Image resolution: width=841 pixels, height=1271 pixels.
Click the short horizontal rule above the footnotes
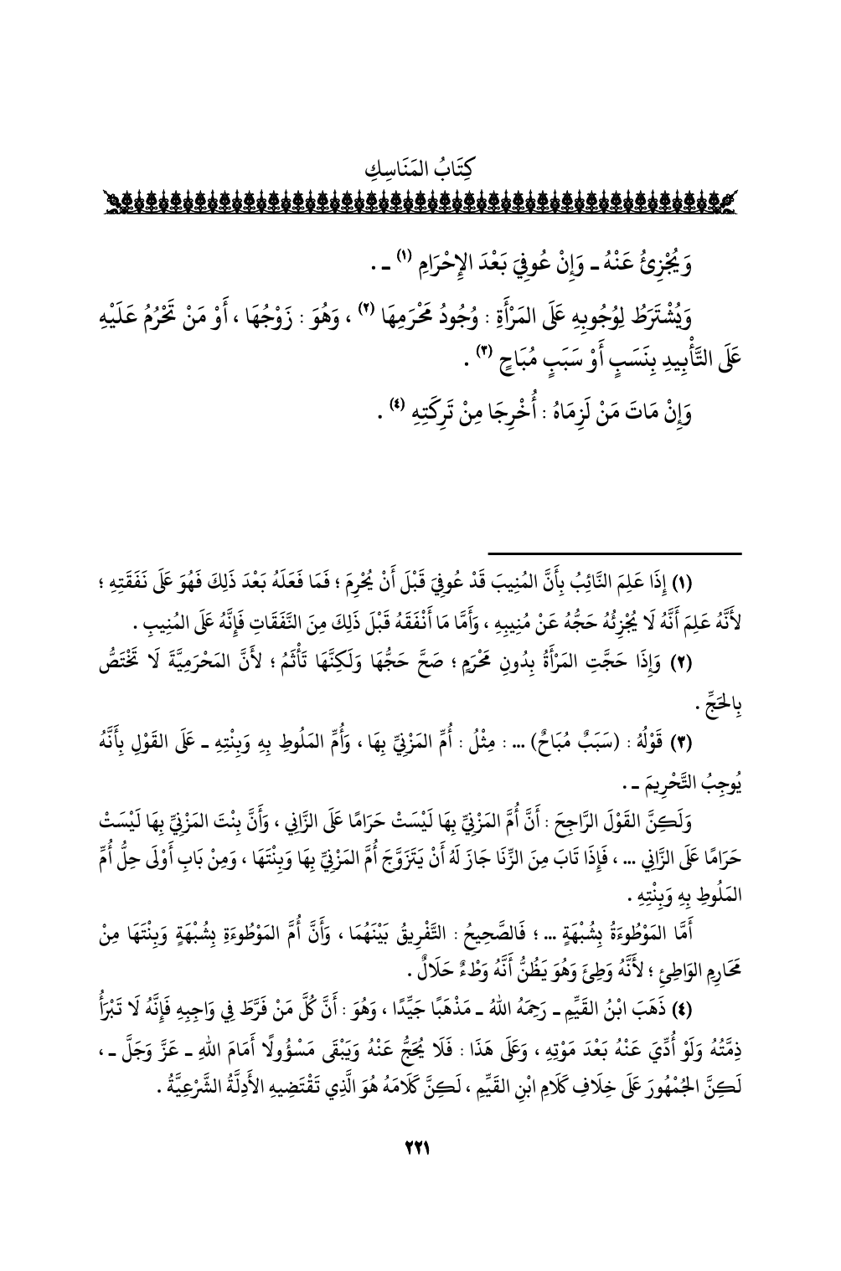tap(615, 553)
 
